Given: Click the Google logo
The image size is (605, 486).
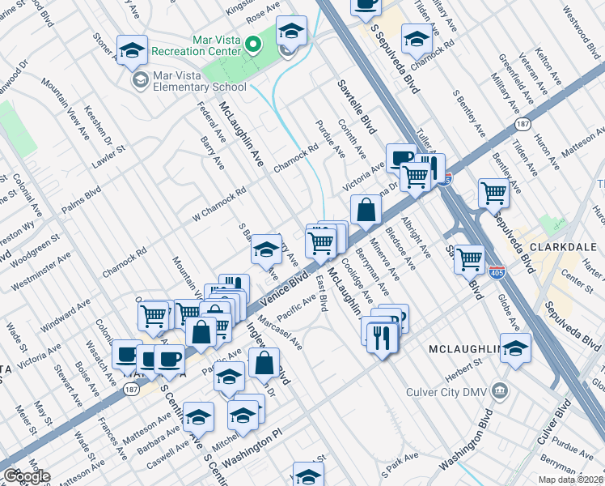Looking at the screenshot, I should click(x=26, y=476).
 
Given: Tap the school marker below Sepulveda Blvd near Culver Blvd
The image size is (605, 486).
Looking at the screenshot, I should click(x=515, y=347).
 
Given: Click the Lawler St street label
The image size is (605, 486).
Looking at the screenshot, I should click(x=110, y=151).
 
